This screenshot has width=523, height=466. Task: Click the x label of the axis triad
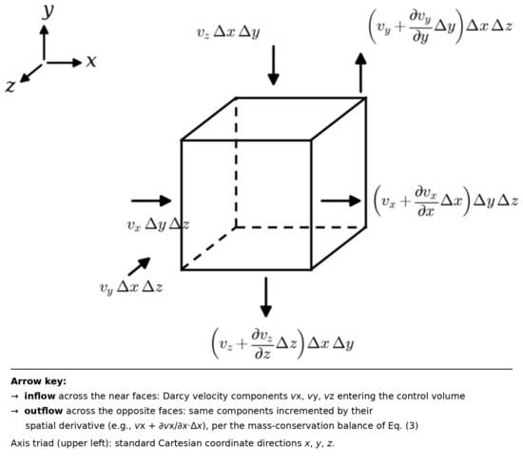91,62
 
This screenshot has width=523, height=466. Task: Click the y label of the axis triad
48,11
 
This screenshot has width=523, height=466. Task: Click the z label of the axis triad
10,86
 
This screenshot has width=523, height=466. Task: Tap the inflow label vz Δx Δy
228,32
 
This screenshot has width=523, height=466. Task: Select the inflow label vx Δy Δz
158,224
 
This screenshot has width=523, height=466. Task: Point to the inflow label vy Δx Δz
131,287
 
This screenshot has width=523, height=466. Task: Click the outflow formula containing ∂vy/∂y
440,26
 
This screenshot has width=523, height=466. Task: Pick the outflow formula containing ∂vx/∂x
446,202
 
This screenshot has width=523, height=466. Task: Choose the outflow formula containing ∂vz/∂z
282,343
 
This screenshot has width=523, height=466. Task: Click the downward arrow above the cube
274,66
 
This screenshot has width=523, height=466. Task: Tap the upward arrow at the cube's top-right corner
360,72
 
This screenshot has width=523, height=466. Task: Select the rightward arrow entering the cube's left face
151,201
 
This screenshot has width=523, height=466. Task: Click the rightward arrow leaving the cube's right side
340,201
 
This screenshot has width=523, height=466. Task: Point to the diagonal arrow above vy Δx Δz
139,266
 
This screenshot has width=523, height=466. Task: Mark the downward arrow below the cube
266,298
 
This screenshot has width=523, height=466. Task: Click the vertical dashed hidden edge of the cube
236,163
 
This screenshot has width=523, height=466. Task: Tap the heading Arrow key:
38,381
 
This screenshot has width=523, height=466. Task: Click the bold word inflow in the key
40,396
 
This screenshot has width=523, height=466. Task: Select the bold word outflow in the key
44,411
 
